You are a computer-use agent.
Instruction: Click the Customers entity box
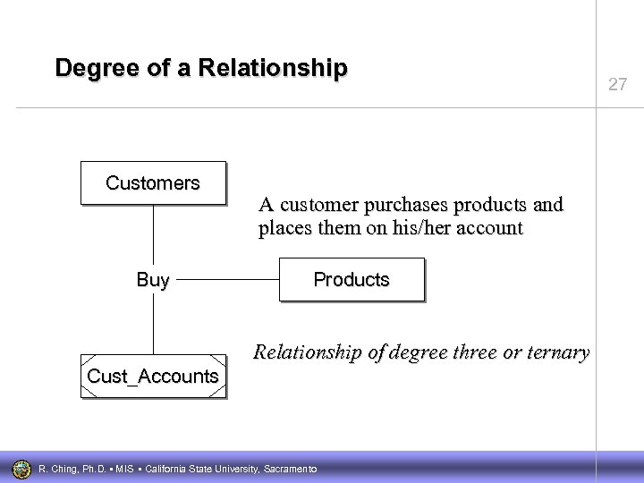pos(153,183)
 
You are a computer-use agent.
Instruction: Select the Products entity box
pos(352,280)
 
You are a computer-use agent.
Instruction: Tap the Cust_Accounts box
pos(153,377)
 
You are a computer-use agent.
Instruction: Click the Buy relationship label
pos(153,280)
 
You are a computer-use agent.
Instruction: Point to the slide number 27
pos(617,85)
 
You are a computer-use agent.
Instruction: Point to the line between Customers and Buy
pos(153,237)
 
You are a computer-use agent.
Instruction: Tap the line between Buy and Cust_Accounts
pos(153,322)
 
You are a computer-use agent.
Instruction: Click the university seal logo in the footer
pos(21,468)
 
